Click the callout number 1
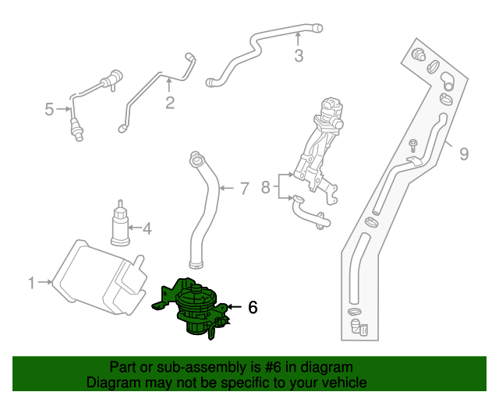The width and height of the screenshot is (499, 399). (32, 283)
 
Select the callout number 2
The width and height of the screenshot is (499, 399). (170, 103)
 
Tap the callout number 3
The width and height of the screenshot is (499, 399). (298, 55)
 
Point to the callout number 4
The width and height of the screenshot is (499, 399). (146, 228)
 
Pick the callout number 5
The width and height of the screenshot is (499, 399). (49, 109)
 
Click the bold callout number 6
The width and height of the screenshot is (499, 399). (252, 307)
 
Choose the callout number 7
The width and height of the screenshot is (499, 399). (243, 188)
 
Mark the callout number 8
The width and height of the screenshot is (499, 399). (265, 187)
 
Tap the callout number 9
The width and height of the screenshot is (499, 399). (463, 154)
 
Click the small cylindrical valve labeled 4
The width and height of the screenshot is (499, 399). (121, 224)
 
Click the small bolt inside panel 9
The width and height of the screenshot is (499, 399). (413, 146)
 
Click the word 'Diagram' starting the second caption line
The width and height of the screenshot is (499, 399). (111, 383)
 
